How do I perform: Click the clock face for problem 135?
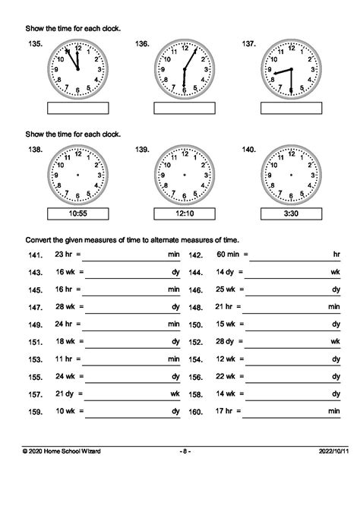point(77,70)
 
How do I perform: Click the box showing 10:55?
point(77,213)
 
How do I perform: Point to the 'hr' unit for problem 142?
point(336,255)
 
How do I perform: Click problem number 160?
point(196,412)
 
